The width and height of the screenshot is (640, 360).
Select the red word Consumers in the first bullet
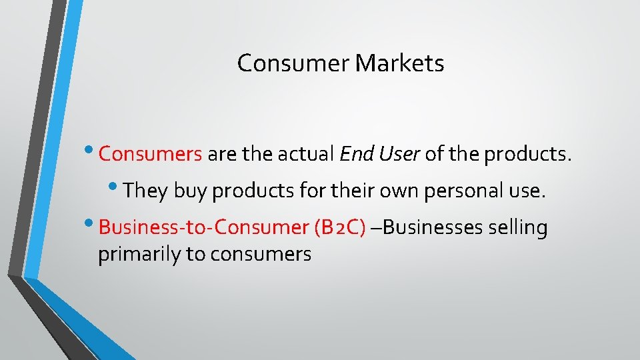pyautogui.click(x=150, y=155)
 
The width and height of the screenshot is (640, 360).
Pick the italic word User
pyautogui.click(x=398, y=155)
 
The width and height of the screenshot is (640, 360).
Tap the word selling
pyautogui.click(x=518, y=228)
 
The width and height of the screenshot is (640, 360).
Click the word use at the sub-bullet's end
pyautogui.click(x=529, y=191)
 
